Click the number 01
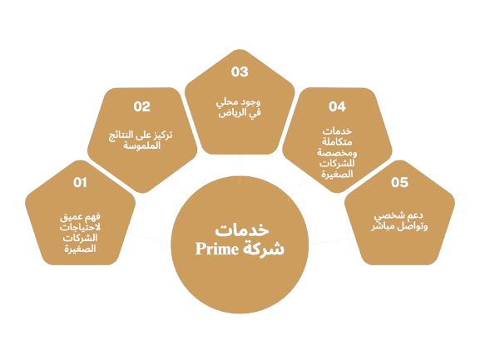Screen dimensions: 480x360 click(x=80, y=182)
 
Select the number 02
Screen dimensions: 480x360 click(x=142, y=106)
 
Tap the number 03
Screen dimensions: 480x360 click(x=240, y=72)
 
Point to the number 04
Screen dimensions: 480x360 click(x=337, y=106)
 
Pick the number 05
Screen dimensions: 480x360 click(x=399, y=182)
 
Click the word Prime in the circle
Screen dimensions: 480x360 click(x=217, y=249)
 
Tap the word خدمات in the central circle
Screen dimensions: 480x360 click(x=242, y=230)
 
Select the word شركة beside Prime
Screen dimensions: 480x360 click(x=263, y=249)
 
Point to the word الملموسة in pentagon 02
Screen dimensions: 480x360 click(x=142, y=145)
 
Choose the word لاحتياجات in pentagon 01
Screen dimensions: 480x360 click(x=80, y=228)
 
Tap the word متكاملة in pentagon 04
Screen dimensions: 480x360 click(x=337, y=142)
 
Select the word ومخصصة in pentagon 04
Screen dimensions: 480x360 click(x=337, y=152)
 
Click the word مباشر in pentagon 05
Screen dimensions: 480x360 click(x=384, y=227)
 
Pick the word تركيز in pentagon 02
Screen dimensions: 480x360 click(x=162, y=135)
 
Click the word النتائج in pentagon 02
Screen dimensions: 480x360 click(x=121, y=136)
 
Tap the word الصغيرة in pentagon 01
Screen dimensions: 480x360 click(x=80, y=249)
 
